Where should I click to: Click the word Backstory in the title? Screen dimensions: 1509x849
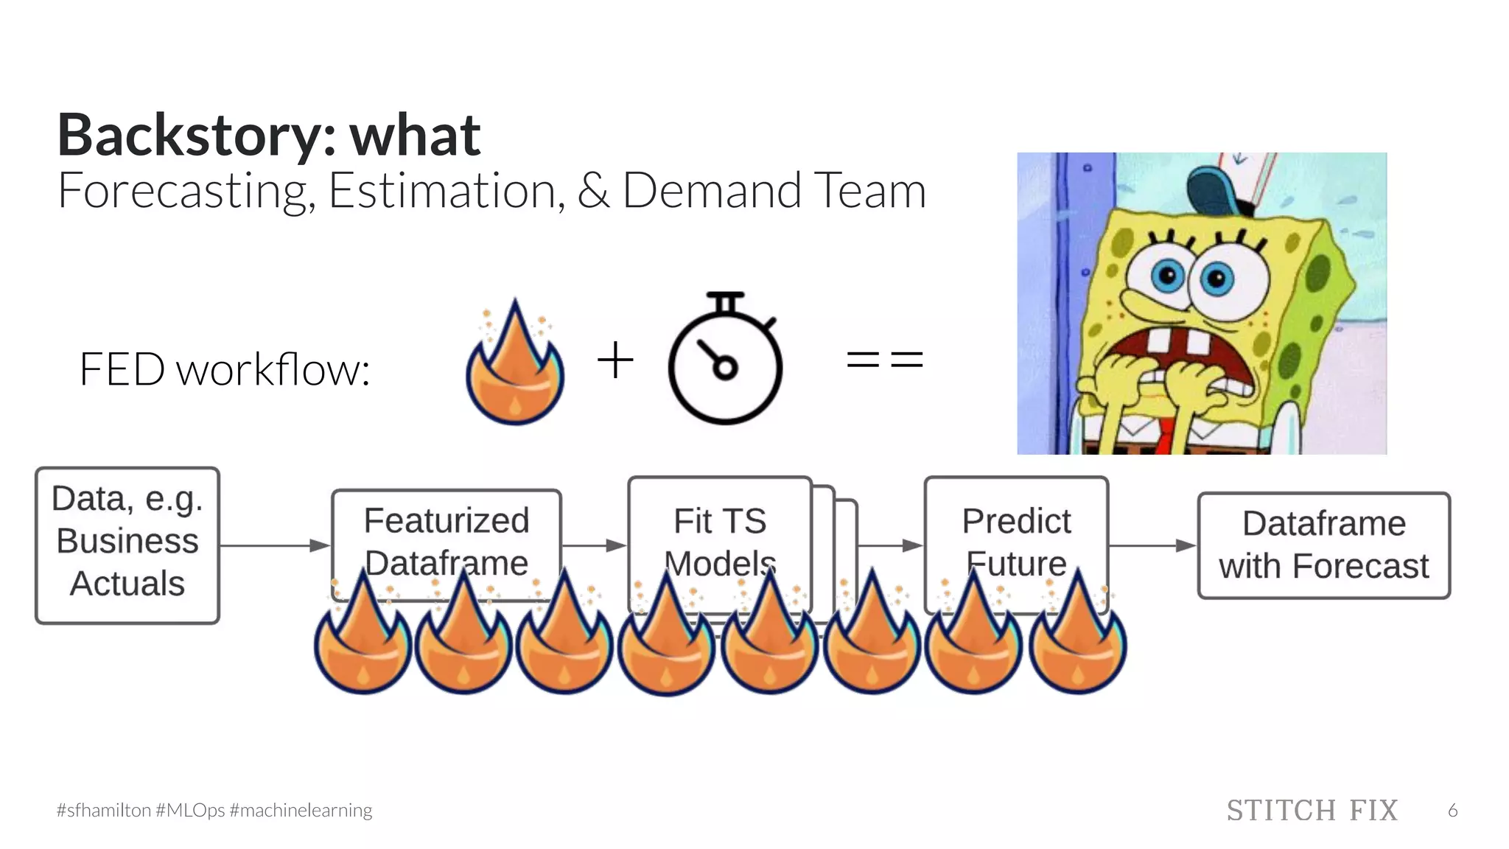pos(187,136)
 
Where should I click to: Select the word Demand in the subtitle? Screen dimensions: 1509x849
pos(711,191)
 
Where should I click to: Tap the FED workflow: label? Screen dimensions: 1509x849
pos(224,369)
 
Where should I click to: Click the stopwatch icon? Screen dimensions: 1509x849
pos(725,361)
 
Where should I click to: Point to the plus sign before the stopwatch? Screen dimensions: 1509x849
pos(615,360)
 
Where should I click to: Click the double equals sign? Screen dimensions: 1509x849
pos(885,360)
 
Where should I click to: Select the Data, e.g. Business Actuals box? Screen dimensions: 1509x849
pos(127,545)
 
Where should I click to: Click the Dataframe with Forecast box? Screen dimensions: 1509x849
pos(1323,545)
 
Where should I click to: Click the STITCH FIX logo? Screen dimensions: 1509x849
pos(1312,811)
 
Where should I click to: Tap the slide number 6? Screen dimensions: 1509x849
pos(1452,811)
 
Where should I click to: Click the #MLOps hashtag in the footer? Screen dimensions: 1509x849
pos(190,811)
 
